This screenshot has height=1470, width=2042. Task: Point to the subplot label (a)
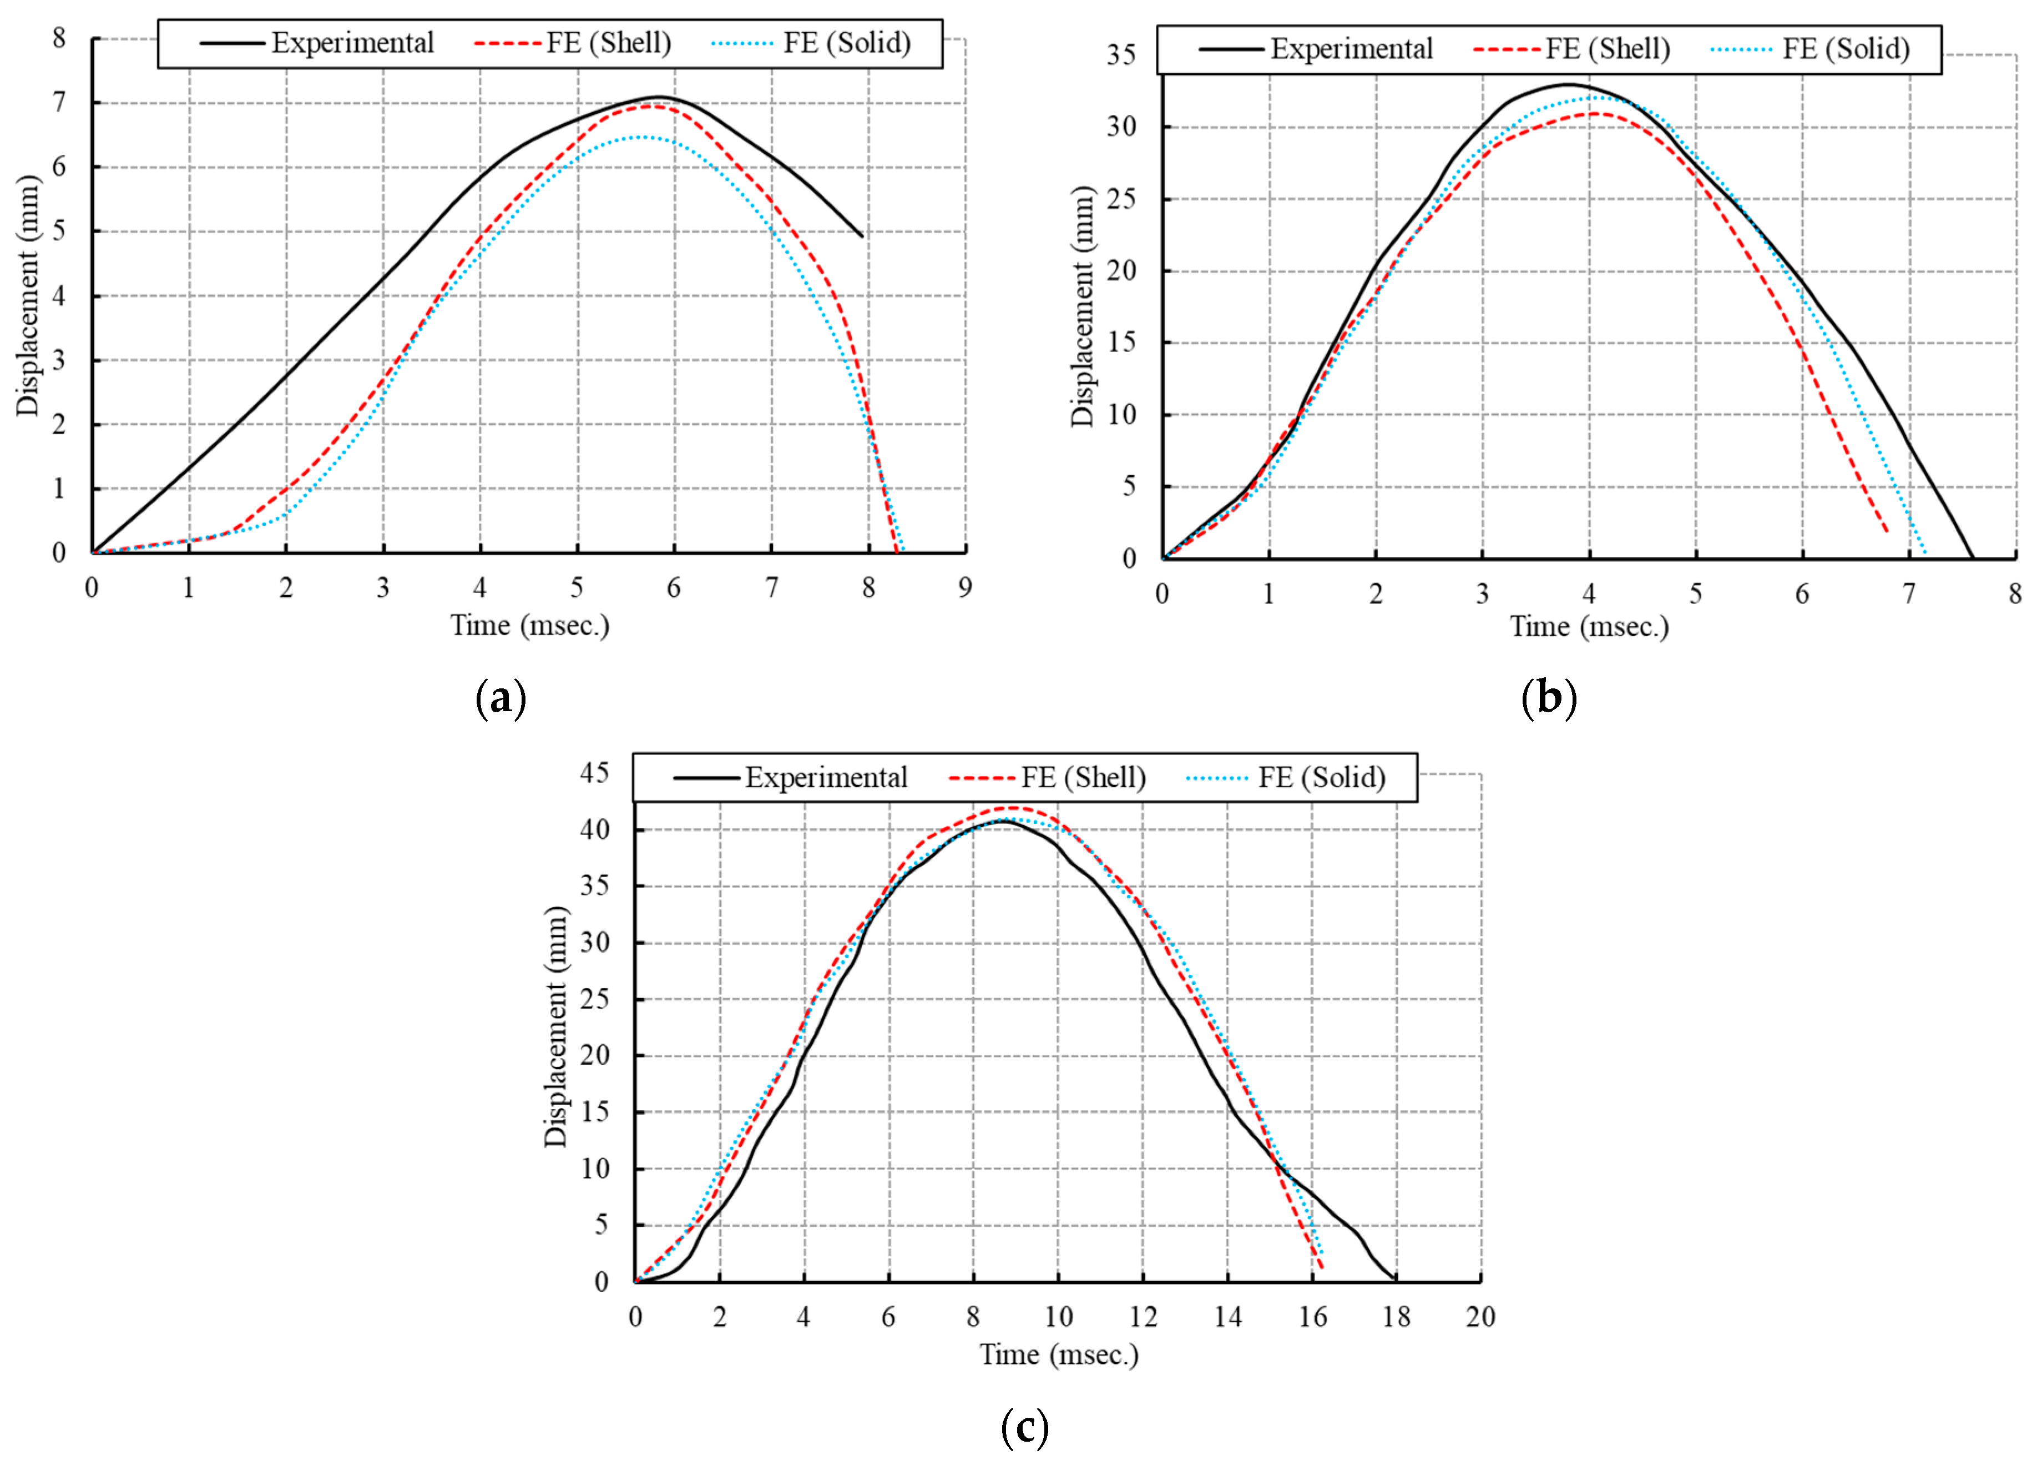[501, 699]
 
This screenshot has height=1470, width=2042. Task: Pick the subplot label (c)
[1024, 1428]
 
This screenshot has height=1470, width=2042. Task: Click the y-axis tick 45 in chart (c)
[594, 773]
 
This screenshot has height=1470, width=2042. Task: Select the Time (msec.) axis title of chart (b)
[1589, 627]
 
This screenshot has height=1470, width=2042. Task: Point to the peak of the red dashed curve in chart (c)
[1013, 807]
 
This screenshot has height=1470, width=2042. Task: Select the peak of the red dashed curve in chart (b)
[1594, 113]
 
